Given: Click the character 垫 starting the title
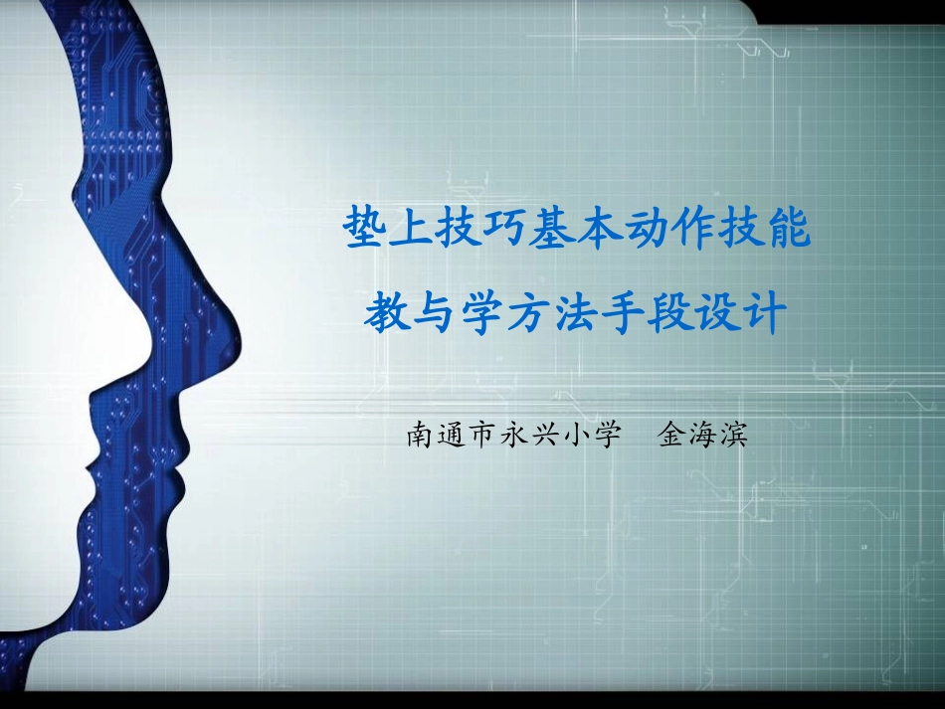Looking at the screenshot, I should tap(364, 230).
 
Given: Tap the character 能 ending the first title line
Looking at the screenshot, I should tap(789, 230).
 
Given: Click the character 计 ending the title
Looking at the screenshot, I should tap(764, 315).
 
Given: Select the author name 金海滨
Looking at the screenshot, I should tap(702, 436).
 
